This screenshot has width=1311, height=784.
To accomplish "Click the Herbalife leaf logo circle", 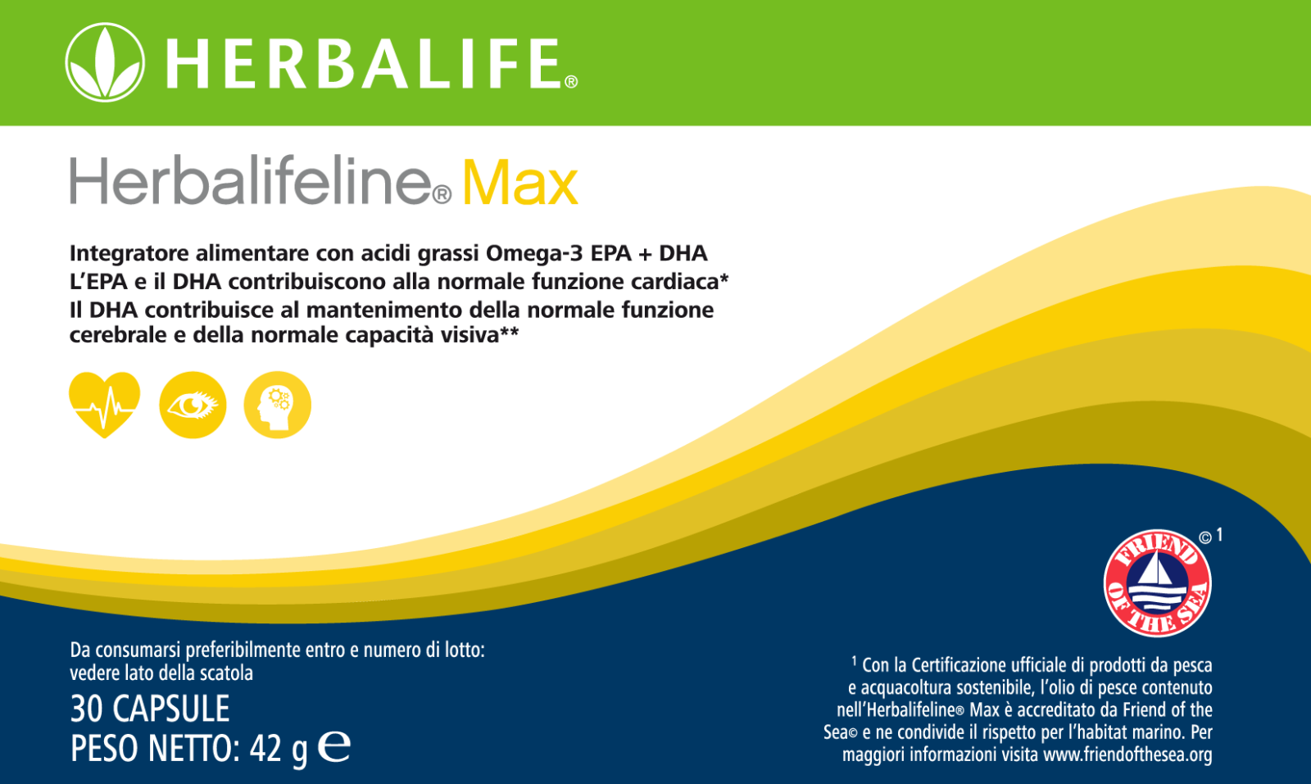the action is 105,62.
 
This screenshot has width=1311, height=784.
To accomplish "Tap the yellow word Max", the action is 519,183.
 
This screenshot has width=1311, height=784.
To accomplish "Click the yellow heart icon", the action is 105,404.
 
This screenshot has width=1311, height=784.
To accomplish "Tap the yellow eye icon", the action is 193,405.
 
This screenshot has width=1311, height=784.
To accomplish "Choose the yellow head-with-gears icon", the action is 278,405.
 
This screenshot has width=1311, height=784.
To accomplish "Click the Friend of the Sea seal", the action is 1157,583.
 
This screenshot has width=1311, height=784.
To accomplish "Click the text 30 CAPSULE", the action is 150,709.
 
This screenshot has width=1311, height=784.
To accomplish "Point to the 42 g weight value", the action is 278,750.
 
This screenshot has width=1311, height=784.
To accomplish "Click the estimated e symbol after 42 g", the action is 334,746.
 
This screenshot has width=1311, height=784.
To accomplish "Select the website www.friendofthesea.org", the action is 1127,755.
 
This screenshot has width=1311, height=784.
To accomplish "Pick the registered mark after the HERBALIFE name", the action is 571,82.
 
